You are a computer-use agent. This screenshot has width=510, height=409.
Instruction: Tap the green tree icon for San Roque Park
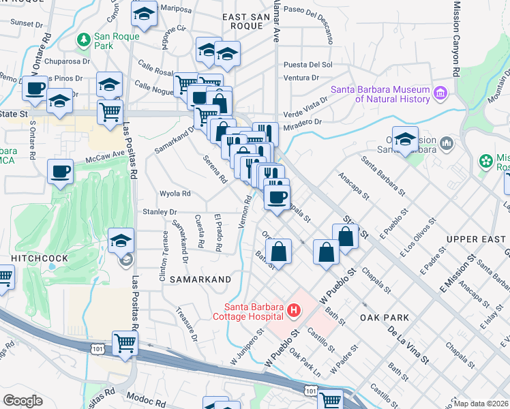pyautogui.click(x=84, y=40)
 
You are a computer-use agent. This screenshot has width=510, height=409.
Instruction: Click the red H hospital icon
pyautogui.click(x=294, y=311)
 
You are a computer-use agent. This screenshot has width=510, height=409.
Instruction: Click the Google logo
pyautogui.click(x=22, y=401)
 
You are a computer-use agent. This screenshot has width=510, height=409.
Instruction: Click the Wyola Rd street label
pyautogui.click(x=175, y=193)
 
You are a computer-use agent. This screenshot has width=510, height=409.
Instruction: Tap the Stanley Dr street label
pyautogui.click(x=159, y=212)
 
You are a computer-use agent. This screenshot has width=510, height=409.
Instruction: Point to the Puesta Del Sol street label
pyautogui.click(x=307, y=65)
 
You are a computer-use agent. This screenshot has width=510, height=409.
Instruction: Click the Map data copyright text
pyautogui.click(x=481, y=404)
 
